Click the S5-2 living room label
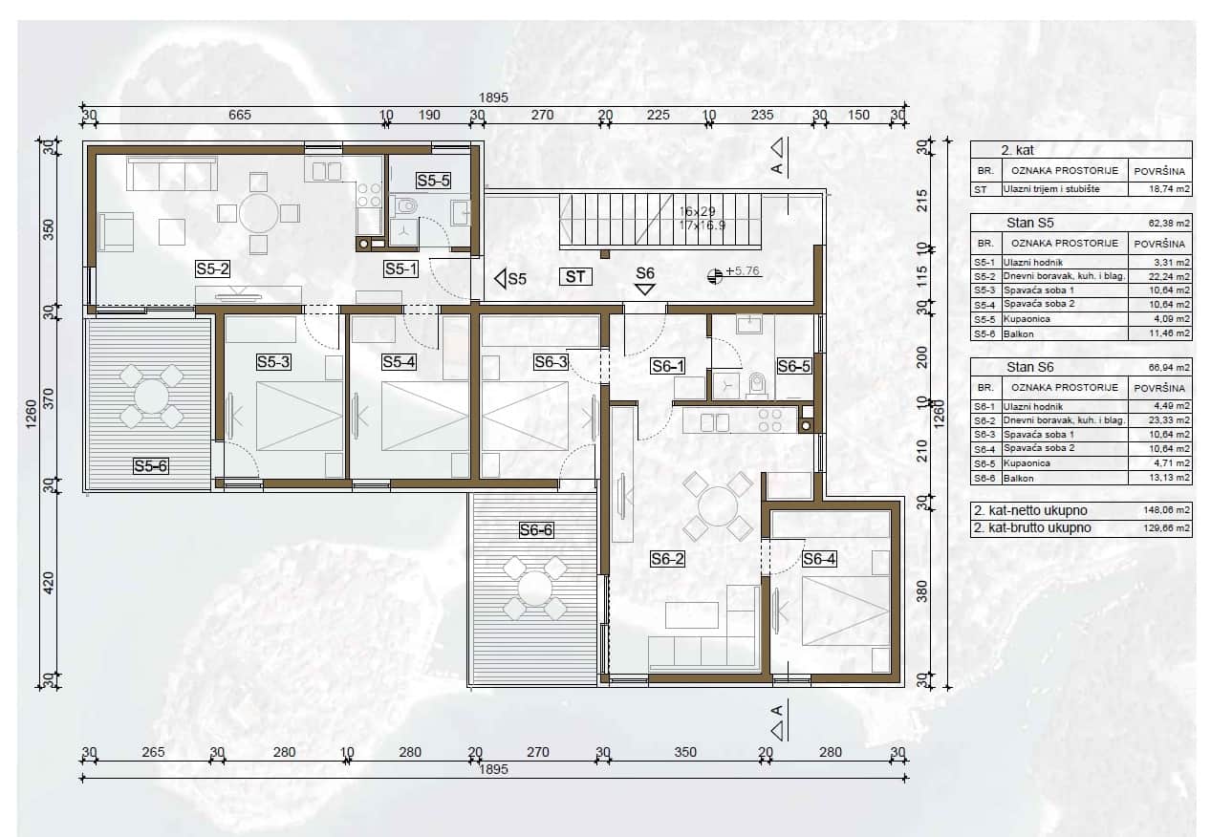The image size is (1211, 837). tap(212, 268)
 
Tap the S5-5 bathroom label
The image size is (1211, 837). tap(433, 181)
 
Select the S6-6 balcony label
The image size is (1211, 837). tap(536, 530)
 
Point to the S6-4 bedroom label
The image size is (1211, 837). tap(818, 559)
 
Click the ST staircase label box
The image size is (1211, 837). tap(575, 277)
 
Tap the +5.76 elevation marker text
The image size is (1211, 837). tap(743, 270)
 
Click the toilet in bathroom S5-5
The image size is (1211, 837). tap(406, 205)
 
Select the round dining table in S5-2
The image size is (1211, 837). tap(258, 213)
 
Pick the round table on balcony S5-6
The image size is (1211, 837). tap(151, 397)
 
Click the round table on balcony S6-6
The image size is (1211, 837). tap(534, 588)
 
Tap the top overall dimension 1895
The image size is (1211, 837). tap(493, 97)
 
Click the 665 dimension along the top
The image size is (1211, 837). tap(240, 115)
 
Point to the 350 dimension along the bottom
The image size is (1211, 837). tap(685, 752)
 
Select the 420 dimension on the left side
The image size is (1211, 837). tap(49, 583)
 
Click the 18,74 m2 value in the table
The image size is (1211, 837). tap(1169, 189)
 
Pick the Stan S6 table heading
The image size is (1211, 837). tap(1030, 368)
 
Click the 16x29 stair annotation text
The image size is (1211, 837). tap(698, 212)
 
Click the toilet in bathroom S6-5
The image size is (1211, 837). tap(757, 385)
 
